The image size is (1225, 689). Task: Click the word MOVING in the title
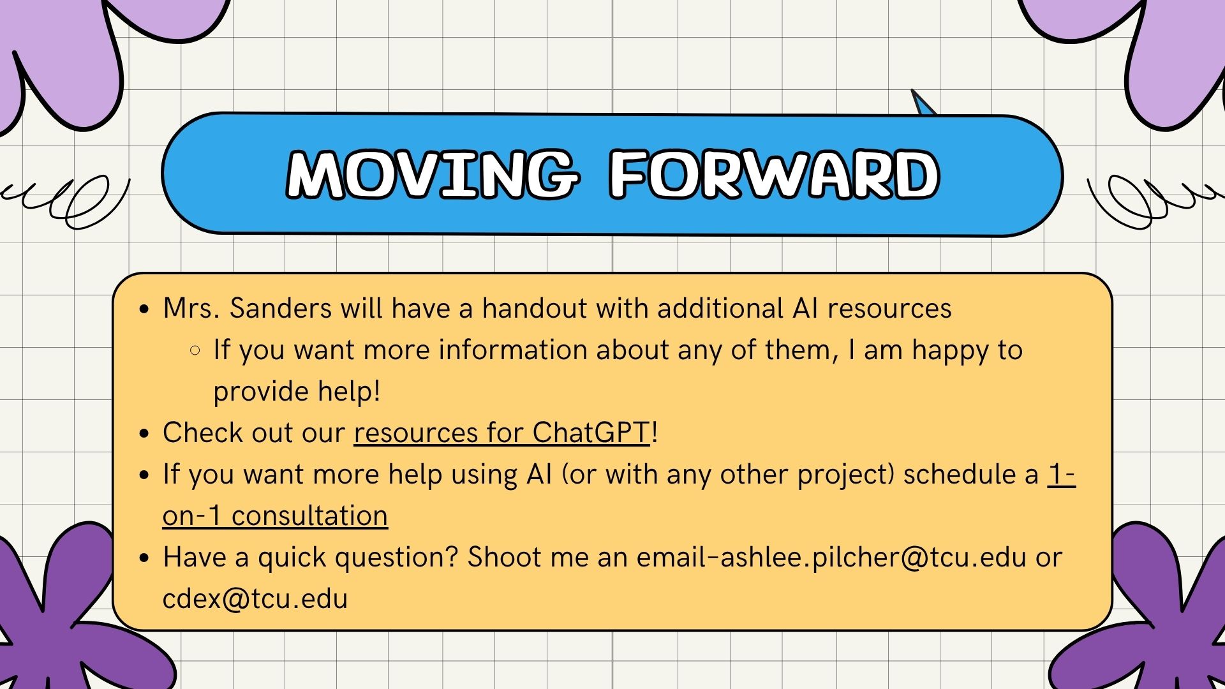coord(433,174)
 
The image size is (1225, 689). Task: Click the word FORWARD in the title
coord(774,174)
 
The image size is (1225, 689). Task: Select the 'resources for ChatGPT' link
coord(502,433)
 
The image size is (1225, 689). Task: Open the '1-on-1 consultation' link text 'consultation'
coord(309,516)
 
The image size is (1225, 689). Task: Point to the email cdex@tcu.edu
coord(255,599)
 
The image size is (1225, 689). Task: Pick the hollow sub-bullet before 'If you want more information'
coord(195,350)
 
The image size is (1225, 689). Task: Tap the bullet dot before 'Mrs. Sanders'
coord(144,309)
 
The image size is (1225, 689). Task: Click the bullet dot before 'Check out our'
coord(144,434)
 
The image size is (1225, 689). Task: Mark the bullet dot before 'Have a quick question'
coord(144,558)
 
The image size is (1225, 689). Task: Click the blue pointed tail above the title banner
coord(923,103)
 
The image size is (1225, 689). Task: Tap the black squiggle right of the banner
coord(1155,202)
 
